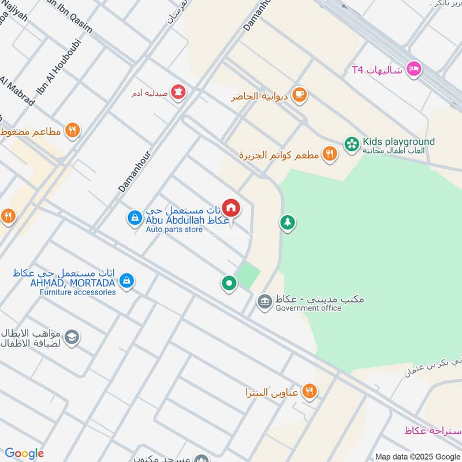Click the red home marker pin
pos(230,207)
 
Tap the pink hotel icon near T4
pos(414,70)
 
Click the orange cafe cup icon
pos(299,95)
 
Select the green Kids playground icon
pos(351,143)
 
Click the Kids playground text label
pos(398,141)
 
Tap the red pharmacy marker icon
pos(179,92)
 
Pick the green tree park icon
pos(288,222)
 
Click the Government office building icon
pos(265,301)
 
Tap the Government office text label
pos(308,308)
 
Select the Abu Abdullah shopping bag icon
pos(134,218)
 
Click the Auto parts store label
pos(174,230)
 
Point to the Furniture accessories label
pos(77,292)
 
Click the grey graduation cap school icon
pos(72,338)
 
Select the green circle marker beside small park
pos(229,283)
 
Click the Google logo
pos(24,453)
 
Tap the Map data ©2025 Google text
pos(418,456)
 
